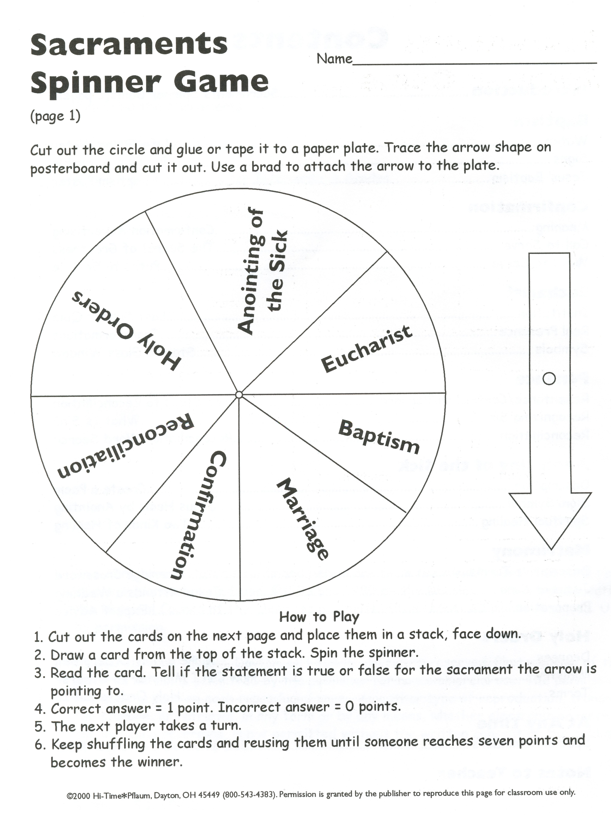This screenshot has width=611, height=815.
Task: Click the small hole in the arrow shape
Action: click(549, 378)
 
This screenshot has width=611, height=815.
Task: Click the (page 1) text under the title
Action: click(55, 116)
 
